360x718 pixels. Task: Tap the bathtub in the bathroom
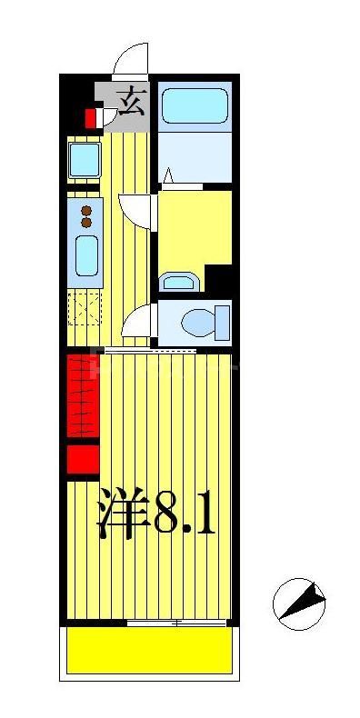pyautogui.click(x=193, y=105)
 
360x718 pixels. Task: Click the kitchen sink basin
pyautogui.click(x=87, y=255)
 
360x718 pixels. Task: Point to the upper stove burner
pyautogui.click(x=87, y=210)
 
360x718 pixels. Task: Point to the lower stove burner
pyautogui.click(x=87, y=222)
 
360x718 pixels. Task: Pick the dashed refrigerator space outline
pyautogui.click(x=85, y=310)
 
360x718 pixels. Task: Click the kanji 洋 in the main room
pyautogui.click(x=123, y=516)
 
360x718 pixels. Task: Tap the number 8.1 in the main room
pyautogui.click(x=186, y=516)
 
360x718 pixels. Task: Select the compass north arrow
pyautogui.click(x=300, y=602)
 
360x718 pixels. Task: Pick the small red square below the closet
pyautogui.click(x=82, y=459)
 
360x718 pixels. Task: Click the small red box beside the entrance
pyautogui.click(x=91, y=118)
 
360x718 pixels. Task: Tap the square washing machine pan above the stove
pyautogui.click(x=85, y=161)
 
